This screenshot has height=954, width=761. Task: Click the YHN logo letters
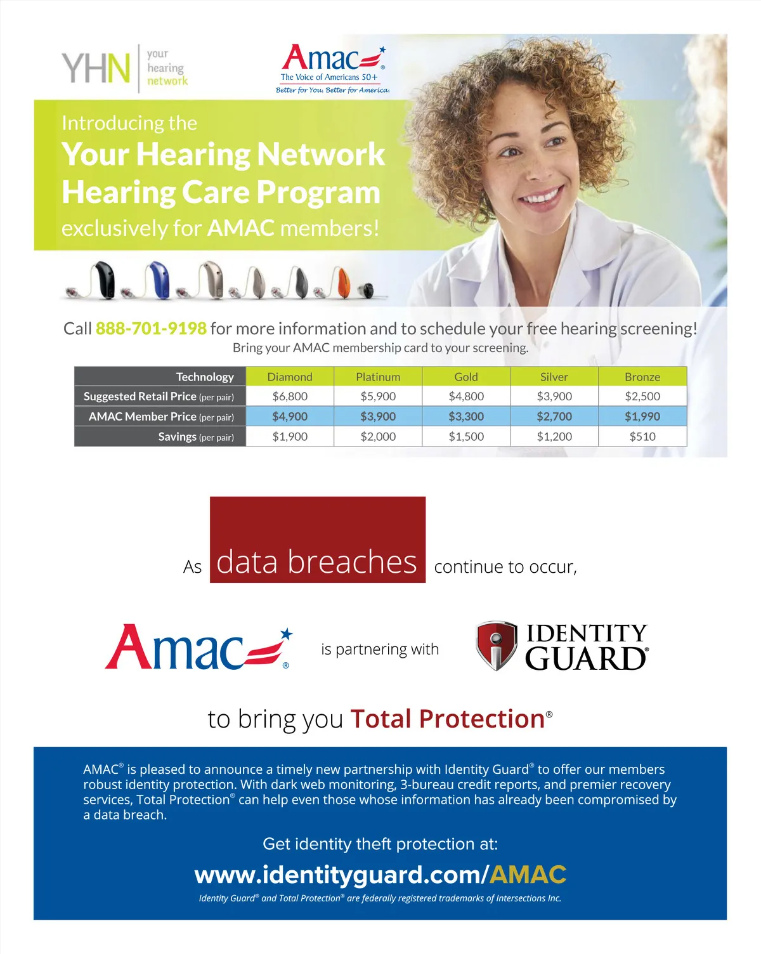(x=96, y=69)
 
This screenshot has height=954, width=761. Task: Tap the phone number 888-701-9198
(x=151, y=329)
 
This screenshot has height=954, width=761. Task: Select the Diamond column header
(x=290, y=377)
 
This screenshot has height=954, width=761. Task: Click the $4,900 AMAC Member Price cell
(x=290, y=417)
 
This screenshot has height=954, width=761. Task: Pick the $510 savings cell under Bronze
(x=642, y=436)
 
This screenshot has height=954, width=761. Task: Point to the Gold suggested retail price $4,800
(x=466, y=396)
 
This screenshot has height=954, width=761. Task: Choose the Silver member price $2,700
(x=554, y=417)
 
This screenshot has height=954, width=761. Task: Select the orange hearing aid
(x=342, y=283)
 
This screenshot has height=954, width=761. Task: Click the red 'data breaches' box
(x=317, y=540)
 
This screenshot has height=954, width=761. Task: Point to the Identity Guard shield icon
(x=497, y=646)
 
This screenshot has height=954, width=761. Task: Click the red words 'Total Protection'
(x=448, y=719)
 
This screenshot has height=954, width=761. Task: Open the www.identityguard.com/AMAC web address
(x=380, y=875)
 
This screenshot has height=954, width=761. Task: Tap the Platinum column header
(x=378, y=377)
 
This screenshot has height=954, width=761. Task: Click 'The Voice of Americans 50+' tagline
(x=329, y=77)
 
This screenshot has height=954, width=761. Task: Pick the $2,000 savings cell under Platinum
(x=378, y=436)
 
